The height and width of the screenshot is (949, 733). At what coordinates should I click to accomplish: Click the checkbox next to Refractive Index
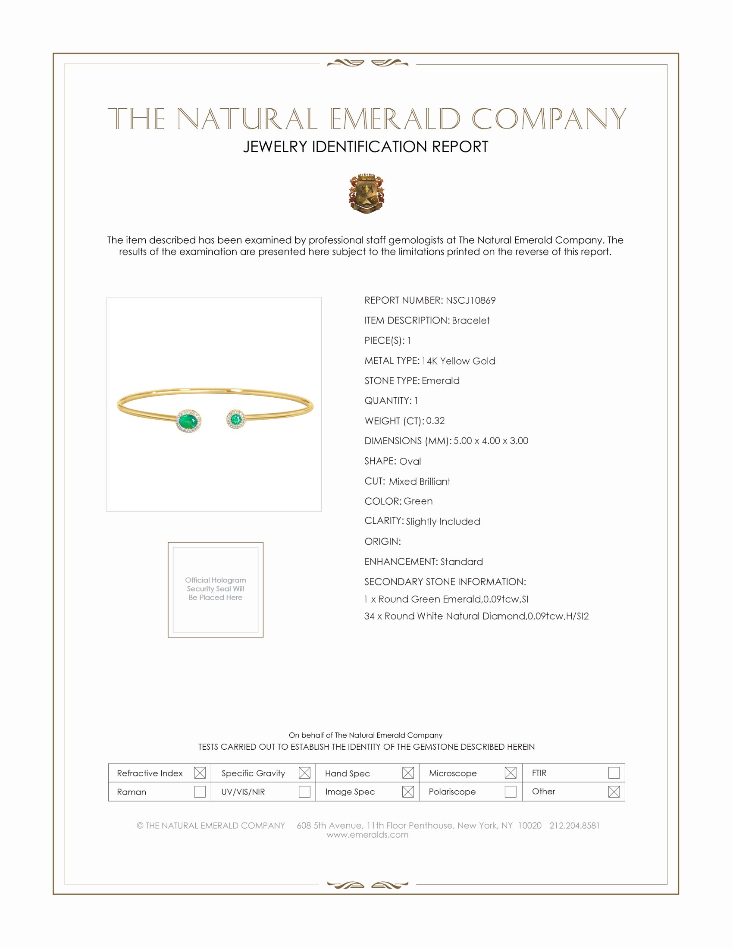tap(200, 773)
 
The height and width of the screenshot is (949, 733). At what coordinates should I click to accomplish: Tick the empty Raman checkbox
tap(200, 791)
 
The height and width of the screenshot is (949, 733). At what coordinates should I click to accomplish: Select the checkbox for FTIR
tap(614, 773)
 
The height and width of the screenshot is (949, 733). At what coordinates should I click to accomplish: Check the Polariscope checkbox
tap(510, 791)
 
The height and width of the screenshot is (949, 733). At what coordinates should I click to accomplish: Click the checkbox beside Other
tap(614, 791)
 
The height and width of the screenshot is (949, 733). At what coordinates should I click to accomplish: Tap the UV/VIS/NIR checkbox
tap(304, 791)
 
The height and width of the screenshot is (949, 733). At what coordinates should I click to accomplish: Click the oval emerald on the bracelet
tap(188, 421)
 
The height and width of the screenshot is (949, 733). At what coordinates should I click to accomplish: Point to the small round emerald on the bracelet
tap(236, 419)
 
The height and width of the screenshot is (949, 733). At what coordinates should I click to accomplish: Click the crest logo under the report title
tap(366, 193)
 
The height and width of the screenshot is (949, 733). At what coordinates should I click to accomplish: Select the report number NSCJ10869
tap(470, 300)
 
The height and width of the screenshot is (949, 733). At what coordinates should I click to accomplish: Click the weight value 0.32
tap(435, 421)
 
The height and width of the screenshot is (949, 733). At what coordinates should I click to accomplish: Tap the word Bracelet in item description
tap(470, 320)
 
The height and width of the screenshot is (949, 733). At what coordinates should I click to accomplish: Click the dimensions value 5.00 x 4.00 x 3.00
tap(491, 440)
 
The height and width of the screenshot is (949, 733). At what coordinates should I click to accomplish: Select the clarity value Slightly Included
tap(443, 522)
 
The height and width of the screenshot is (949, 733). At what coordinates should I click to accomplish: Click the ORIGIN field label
tap(382, 541)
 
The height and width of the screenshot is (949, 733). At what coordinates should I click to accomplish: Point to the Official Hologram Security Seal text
tap(216, 589)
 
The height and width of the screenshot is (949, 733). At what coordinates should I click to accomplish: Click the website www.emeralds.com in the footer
tap(367, 835)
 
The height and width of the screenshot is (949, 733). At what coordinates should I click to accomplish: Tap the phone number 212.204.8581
tap(574, 826)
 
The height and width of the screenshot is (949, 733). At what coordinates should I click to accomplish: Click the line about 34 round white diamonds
tap(476, 616)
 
